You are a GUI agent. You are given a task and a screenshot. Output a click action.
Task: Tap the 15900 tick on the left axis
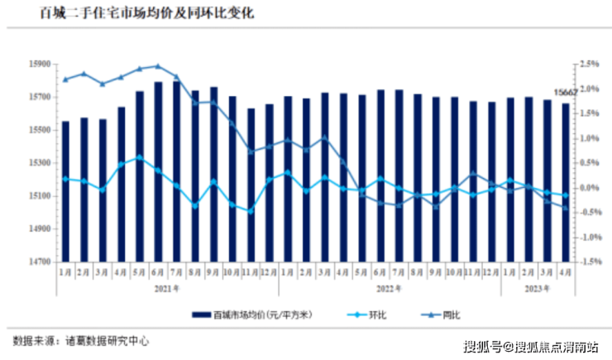(40, 64)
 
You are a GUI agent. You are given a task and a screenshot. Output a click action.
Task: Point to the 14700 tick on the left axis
(40, 262)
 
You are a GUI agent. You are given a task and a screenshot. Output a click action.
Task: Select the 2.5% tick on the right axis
(589, 64)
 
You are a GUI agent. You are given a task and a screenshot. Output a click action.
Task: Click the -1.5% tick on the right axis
(589, 262)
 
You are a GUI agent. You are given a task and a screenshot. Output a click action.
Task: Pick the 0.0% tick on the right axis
(589, 188)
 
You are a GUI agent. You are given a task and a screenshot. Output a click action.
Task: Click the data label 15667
(565, 93)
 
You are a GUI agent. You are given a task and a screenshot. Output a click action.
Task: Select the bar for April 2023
(565, 182)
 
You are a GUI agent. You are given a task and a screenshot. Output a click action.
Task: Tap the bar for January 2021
(65, 190)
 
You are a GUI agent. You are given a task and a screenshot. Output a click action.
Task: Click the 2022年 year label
(389, 288)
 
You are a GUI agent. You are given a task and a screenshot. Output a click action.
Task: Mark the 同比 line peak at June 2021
(158, 66)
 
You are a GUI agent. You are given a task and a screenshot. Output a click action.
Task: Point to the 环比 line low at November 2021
(251, 211)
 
